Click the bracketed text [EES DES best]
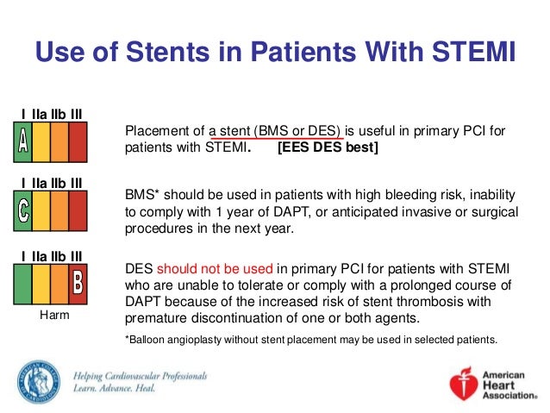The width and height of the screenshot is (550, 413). (327, 147)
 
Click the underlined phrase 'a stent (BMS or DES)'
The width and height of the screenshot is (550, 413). (276, 131)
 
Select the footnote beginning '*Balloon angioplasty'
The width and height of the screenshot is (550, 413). (311, 339)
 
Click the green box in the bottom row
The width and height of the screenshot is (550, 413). (23, 281)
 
